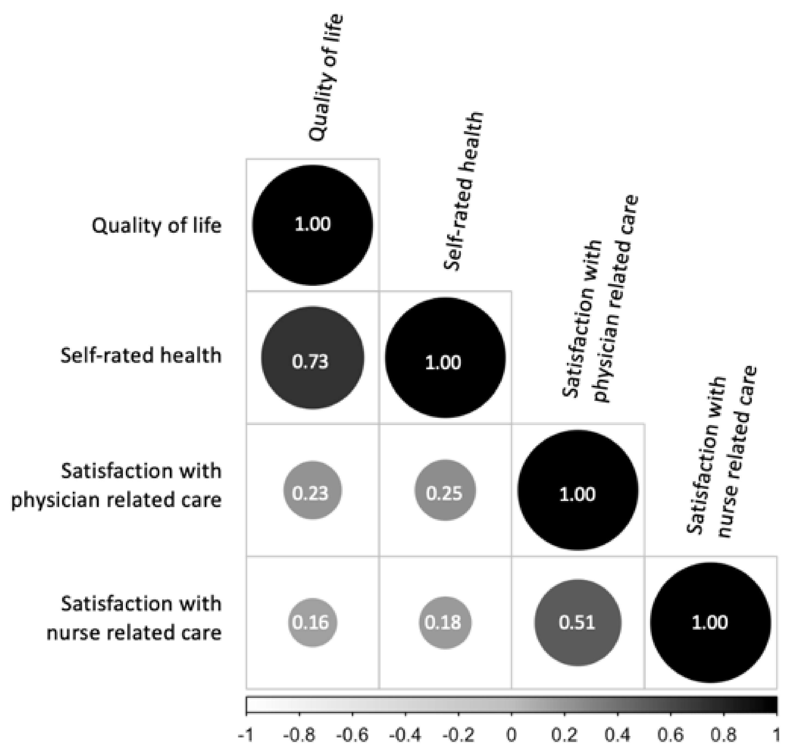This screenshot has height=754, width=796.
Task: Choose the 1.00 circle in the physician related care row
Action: (578, 490)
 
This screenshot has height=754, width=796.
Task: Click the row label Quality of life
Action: (156, 225)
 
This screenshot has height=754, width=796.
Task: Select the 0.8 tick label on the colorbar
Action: (724, 735)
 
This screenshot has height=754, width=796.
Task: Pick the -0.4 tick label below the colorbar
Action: (405, 735)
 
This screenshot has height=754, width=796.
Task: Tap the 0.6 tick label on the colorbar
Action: (671, 735)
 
